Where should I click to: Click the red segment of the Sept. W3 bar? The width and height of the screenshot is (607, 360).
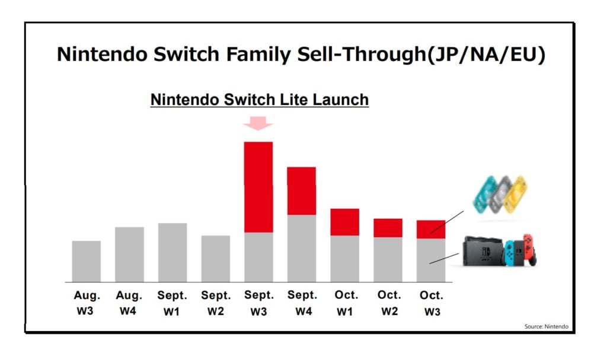point(258,187)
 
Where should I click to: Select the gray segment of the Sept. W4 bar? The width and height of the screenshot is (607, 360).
point(301,248)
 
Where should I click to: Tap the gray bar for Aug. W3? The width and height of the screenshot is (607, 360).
point(87,261)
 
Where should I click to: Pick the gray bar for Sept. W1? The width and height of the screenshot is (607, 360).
point(172,252)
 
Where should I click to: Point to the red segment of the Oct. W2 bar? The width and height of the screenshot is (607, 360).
point(388,228)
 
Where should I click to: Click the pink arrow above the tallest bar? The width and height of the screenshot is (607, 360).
point(258,123)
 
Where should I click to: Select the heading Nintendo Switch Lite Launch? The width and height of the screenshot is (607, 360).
point(260,100)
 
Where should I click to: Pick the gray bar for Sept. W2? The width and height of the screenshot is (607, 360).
point(216,259)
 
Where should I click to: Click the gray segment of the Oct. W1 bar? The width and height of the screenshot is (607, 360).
point(344,259)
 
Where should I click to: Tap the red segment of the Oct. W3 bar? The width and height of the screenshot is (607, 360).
point(431,229)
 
